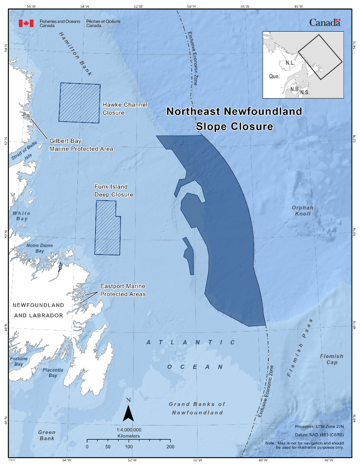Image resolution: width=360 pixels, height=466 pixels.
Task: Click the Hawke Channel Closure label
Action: [x=125, y=109]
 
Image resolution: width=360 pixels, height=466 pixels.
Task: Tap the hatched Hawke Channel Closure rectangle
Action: [x=79, y=103]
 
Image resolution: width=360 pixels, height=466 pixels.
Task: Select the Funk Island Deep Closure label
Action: [x=114, y=191]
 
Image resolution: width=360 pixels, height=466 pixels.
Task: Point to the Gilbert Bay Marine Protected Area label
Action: [x=81, y=145]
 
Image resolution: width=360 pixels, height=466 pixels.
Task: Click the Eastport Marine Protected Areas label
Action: [x=123, y=290]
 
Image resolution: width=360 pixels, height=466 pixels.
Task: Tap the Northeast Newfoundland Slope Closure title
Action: [x=234, y=119]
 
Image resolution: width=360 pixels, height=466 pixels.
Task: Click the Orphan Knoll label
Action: [x=302, y=210]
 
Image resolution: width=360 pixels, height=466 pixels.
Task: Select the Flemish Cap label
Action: [x=331, y=359]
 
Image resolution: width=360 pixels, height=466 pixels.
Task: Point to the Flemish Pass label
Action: [x=301, y=348]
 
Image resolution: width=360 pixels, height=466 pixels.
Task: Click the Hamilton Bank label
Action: [x=75, y=54]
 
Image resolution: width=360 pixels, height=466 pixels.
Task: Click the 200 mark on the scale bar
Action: [x=170, y=447]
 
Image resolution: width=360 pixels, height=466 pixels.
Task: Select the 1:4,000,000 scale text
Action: [x=129, y=429]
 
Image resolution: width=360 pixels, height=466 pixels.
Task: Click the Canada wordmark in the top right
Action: [x=325, y=23]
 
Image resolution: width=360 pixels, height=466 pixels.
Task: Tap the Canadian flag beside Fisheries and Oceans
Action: [x=26, y=23]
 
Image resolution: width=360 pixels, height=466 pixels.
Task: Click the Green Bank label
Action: [x=47, y=435]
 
